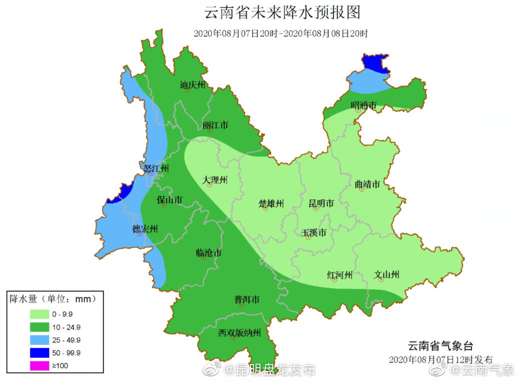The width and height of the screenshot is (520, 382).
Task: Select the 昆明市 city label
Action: [321, 203]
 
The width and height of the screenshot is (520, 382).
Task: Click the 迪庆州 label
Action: [193, 85]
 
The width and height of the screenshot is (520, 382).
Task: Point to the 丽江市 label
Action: [215, 125]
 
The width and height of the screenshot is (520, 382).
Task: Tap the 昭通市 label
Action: [363, 105]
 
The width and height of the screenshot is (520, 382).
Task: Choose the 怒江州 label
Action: [155, 168]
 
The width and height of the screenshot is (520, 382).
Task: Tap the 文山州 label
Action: [387, 274]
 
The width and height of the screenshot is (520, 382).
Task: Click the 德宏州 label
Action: [145, 229]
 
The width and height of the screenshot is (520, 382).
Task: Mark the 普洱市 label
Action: [247, 299]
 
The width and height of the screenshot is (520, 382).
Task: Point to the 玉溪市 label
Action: [314, 232]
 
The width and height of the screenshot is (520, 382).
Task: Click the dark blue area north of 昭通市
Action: [375, 63]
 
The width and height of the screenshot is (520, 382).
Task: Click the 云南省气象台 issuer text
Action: [440, 345]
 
